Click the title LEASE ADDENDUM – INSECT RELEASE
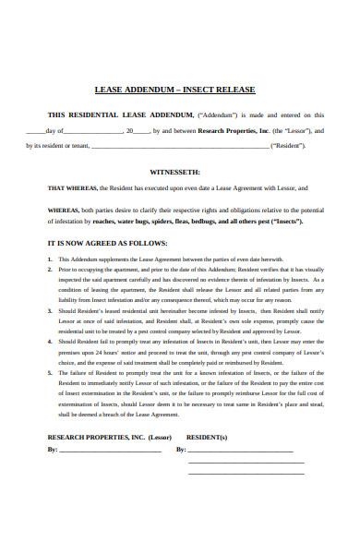(x=174, y=90)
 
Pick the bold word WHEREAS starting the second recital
(x=63, y=211)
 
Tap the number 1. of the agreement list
(x=50, y=259)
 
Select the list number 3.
(x=50, y=314)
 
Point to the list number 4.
(x=50, y=342)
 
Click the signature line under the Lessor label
(x=109, y=451)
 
